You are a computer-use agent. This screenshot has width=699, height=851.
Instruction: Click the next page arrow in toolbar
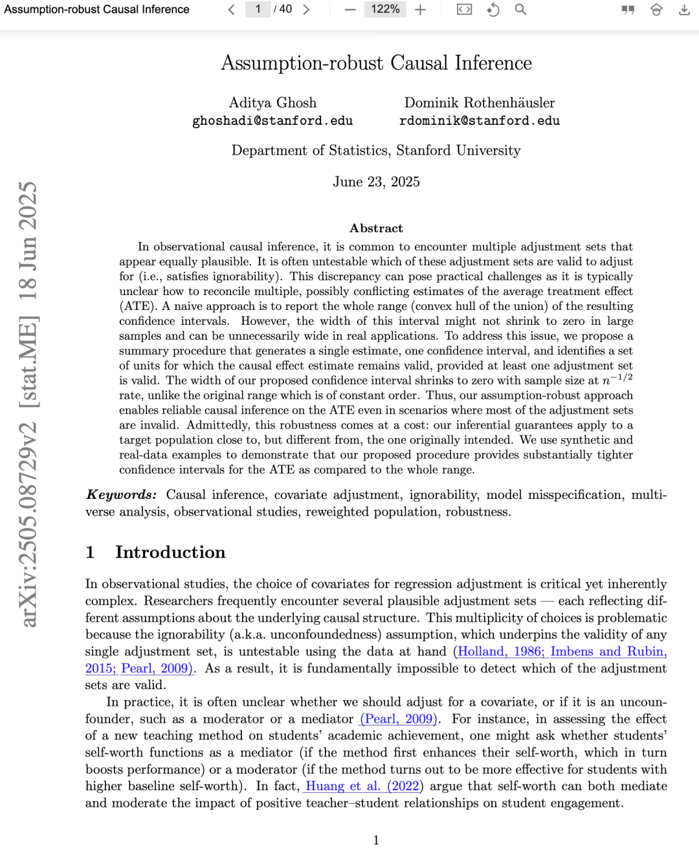point(306,10)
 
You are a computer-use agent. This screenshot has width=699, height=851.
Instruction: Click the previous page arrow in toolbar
point(231,10)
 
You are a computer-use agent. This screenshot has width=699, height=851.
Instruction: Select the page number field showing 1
point(258,9)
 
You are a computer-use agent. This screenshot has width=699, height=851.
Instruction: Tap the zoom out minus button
point(350,10)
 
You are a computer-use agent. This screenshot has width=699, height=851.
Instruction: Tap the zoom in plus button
point(421,10)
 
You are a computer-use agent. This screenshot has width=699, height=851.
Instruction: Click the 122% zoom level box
point(385,9)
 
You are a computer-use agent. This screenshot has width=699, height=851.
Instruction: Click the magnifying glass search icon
point(520,10)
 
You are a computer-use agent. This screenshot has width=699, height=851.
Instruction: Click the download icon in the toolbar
point(684,10)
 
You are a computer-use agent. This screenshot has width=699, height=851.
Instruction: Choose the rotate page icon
point(493,10)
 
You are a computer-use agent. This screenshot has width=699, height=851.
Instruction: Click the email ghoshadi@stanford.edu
point(272,121)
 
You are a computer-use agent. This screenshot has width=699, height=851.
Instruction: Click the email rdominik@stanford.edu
point(480,121)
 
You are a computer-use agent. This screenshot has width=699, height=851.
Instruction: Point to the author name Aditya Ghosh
point(272,103)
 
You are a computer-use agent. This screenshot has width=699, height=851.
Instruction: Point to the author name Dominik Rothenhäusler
point(480,103)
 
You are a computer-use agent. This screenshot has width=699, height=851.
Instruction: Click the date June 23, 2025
point(376,182)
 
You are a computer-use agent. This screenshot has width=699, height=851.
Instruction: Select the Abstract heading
point(376,228)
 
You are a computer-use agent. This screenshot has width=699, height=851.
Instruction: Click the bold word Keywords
point(121,495)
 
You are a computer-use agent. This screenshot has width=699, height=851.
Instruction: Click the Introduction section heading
point(170,552)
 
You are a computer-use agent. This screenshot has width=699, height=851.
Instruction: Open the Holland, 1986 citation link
point(500,652)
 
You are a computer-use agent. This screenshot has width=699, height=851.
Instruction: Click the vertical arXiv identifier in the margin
point(28,404)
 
